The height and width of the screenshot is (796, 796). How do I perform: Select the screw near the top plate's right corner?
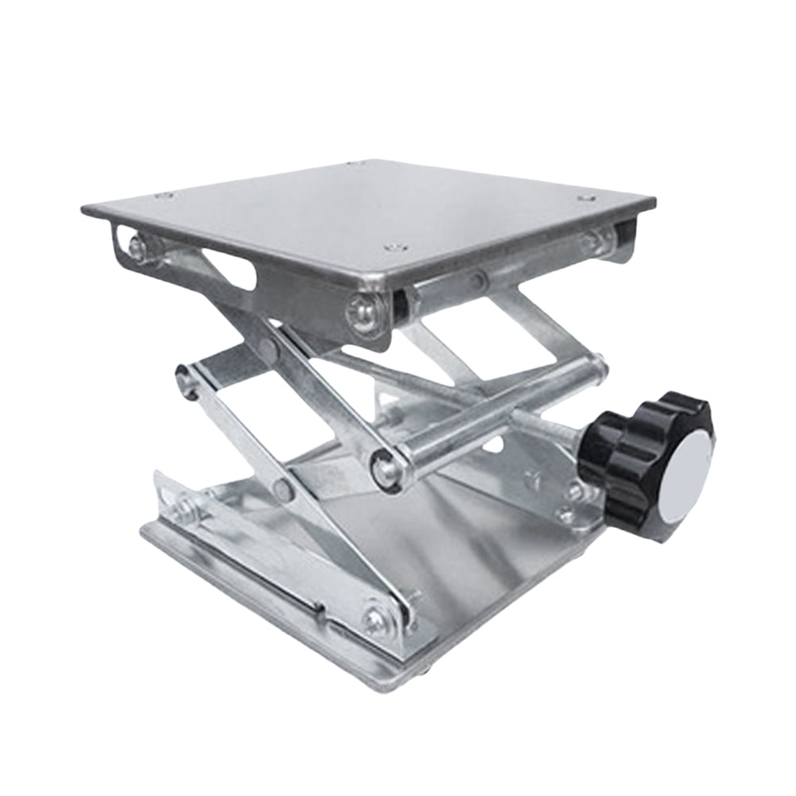pos(586,197)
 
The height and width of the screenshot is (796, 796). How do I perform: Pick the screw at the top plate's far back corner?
pos(355,164)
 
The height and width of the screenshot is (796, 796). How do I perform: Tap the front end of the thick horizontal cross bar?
pos(387,468)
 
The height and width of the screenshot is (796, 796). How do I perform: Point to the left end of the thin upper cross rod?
pos(185,380)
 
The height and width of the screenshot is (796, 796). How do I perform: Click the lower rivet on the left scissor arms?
pos(282,489)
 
